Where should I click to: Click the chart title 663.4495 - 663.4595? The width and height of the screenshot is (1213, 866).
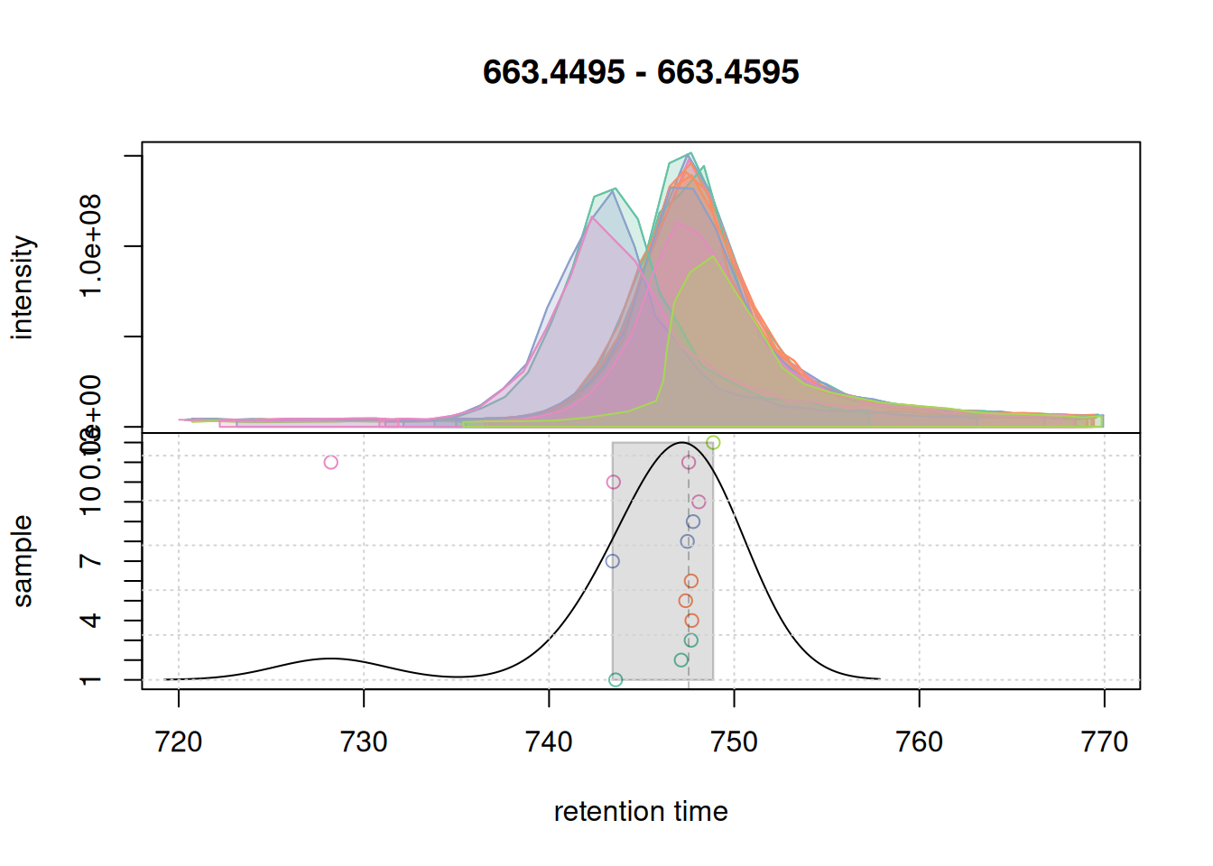point(641,72)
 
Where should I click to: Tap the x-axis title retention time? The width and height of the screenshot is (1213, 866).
point(641,812)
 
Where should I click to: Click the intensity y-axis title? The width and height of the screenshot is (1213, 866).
point(23,288)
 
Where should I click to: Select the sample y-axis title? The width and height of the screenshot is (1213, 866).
point(23,561)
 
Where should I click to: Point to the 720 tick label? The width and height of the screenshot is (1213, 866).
point(179,742)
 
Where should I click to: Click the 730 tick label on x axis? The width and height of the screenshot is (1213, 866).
point(364,742)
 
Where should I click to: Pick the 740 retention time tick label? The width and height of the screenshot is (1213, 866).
point(549,742)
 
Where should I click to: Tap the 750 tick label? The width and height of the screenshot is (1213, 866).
point(734,742)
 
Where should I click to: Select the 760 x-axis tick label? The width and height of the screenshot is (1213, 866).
point(919,742)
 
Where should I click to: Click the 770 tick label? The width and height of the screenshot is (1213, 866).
point(1104,742)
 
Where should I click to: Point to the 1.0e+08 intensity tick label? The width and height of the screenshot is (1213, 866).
point(90,245)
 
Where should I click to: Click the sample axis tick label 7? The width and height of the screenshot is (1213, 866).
point(90,561)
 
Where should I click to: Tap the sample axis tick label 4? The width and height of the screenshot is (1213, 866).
point(90,621)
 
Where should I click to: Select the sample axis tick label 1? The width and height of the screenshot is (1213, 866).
point(90,680)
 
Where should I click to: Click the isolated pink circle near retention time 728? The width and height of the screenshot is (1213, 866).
point(331,463)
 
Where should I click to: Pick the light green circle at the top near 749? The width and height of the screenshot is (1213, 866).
point(713,443)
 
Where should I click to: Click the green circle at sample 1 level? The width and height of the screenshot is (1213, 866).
point(616,680)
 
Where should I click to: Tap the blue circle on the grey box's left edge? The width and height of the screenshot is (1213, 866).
point(613,561)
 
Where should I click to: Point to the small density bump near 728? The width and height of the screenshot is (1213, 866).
point(330,659)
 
